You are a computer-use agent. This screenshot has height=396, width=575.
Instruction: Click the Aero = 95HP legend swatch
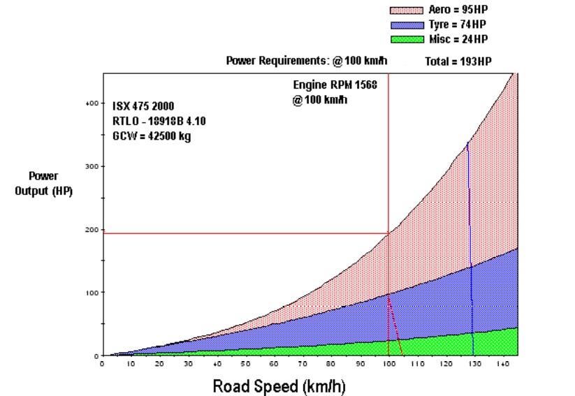tap(407, 10)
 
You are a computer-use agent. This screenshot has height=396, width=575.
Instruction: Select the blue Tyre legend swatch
tap(407, 24)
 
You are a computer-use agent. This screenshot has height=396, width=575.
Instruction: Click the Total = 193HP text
tap(458, 61)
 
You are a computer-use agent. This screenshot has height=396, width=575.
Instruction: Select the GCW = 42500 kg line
tap(152, 136)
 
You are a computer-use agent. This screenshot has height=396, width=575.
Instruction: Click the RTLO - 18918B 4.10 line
tap(159, 122)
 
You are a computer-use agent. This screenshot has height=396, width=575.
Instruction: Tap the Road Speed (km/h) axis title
tap(279, 386)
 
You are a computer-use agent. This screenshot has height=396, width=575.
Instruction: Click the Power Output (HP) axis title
tap(43, 183)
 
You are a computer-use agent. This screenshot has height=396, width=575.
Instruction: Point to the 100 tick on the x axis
tap(388, 364)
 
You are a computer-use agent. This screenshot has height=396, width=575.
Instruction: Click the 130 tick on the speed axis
tap(474, 364)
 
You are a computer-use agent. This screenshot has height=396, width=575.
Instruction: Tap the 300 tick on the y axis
tap(91, 166)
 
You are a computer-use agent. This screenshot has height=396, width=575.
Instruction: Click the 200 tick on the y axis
tap(91, 229)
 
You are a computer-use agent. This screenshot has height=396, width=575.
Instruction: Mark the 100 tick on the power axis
tap(91, 292)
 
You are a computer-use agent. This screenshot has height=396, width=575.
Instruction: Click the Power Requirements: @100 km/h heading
tap(307, 61)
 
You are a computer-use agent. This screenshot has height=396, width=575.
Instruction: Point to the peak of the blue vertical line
tap(467, 142)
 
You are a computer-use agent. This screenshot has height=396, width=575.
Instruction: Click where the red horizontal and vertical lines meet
tap(388, 233)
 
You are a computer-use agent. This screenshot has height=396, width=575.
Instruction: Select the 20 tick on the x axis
tap(159, 364)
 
